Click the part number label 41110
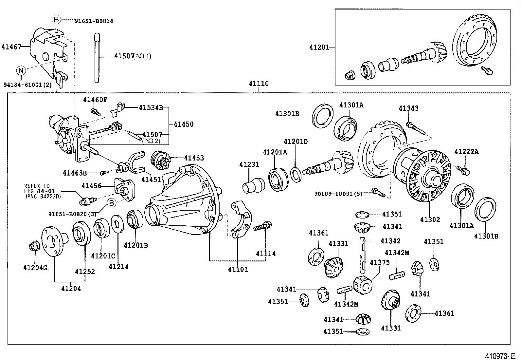(x=258, y=84)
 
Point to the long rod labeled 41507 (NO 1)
(x=97, y=57)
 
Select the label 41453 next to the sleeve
(x=194, y=158)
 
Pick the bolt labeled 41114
(x=264, y=226)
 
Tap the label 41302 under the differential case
(x=430, y=220)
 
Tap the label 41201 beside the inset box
(x=319, y=47)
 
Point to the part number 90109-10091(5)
(x=338, y=194)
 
